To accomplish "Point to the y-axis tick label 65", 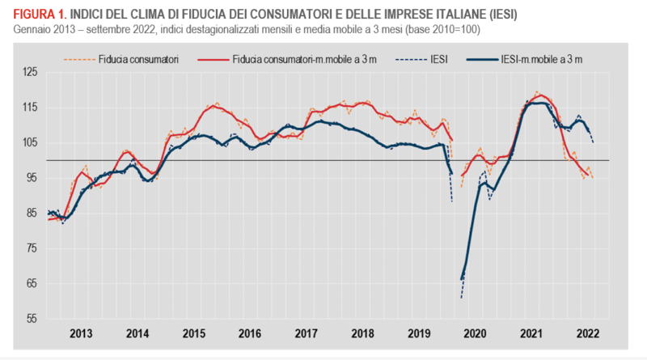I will pos(30,283).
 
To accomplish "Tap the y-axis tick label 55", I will pos(30,319).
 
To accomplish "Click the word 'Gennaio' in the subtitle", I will pos(33,30).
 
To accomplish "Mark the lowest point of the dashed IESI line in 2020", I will pos(462,298).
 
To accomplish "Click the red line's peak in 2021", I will pos(540,95).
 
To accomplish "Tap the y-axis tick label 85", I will pos(30,213).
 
